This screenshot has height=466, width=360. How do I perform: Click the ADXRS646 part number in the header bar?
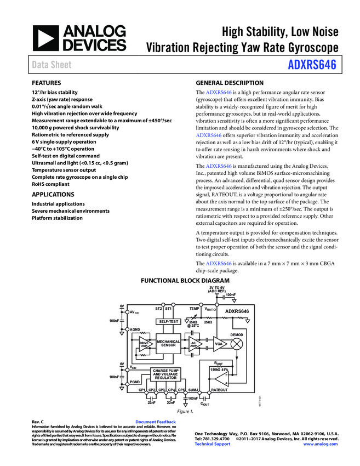[312, 66]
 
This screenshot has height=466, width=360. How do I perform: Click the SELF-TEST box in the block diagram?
[169, 321]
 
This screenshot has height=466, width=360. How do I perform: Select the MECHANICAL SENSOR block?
[168, 343]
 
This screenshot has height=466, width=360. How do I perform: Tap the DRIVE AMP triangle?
[145, 344]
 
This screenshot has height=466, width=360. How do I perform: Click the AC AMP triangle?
[194, 344]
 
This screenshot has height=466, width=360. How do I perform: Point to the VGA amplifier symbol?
[219, 344]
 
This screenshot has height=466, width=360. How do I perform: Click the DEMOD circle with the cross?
[238, 344]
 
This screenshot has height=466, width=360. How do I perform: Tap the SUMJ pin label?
[193, 390]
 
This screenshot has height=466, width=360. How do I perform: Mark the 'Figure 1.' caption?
[185, 411]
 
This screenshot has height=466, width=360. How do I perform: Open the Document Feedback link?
[156, 422]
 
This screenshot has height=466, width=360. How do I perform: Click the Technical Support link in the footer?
[213, 444]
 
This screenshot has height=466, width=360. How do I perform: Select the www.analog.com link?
[320, 444]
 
